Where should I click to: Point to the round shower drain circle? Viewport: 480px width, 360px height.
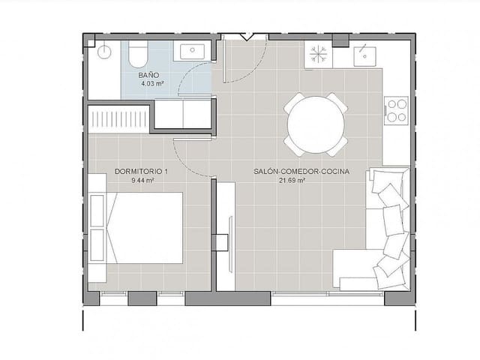coord(103,52)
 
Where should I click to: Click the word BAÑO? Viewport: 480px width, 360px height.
coord(148,76)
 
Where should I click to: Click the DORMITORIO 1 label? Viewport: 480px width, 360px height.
coord(142,172)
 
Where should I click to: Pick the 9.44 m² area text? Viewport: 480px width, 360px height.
coord(142,181)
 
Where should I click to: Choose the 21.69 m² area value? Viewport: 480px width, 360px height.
coord(292,181)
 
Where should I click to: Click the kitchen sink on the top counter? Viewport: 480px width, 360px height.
coord(365,54)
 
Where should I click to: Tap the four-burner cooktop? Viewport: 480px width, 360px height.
coord(395,110)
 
